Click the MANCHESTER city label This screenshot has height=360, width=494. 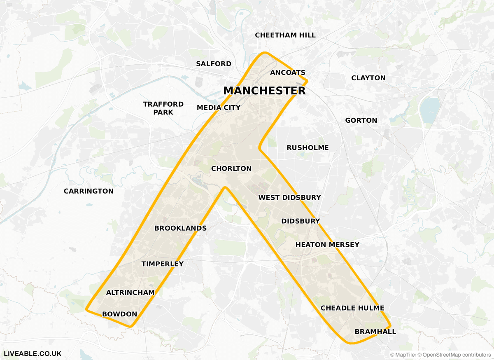click(x=264, y=91)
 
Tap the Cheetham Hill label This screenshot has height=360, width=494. click(x=285, y=35)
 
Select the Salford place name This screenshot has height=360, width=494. click(x=214, y=64)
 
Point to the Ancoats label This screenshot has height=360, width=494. click(x=288, y=72)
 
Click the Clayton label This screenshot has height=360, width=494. click(x=368, y=78)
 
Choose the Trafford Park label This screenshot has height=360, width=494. click(x=163, y=108)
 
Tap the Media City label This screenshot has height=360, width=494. click(x=219, y=108)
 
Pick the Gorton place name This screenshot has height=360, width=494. click(x=361, y=120)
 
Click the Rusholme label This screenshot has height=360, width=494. click(x=308, y=147)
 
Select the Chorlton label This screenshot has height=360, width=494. click(x=231, y=168)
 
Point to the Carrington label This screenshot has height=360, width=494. click(x=89, y=191)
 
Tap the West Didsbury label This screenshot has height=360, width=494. click(x=289, y=198)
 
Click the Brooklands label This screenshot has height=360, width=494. click(x=180, y=228)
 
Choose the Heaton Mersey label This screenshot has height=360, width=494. click(x=327, y=245)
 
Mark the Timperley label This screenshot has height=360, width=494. click(x=163, y=264)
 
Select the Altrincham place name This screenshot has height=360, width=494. click(x=130, y=292)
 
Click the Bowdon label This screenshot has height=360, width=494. click(x=119, y=314)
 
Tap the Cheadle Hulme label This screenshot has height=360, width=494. click(x=352, y=308)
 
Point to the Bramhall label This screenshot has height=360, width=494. click(x=375, y=332)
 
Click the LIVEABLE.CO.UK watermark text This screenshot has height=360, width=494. click(x=33, y=353)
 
